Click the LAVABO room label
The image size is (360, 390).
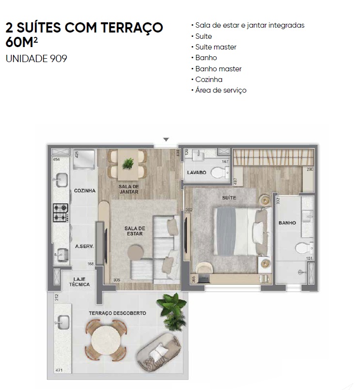pyautogui.click(x=197, y=172)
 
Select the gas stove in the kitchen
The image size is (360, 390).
pyautogui.click(x=61, y=212)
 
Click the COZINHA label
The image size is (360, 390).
pyautogui.click(x=85, y=191)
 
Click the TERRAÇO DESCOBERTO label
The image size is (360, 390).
pyautogui.click(x=118, y=313)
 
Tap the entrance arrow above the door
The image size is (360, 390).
pyautogui.click(x=166, y=140)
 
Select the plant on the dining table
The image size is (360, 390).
pyautogui.click(x=128, y=163)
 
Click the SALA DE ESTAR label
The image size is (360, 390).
pyautogui.click(x=135, y=231)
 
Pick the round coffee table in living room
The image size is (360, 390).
pyautogui.click(x=135, y=252)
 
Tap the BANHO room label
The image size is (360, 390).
pyautogui.click(x=287, y=223)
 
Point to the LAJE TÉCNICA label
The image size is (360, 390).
pyautogui.click(x=79, y=282)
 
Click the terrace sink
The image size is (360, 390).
pyautogui.click(x=63, y=323)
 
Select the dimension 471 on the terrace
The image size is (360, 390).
pyautogui.click(x=59, y=370)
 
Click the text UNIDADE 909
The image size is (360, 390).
pyautogui.click(x=36, y=59)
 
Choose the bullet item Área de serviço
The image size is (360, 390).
pyautogui.click(x=219, y=90)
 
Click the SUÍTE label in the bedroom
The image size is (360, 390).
pyautogui.click(x=229, y=198)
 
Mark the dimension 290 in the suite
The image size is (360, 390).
pyautogui.click(x=310, y=169)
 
